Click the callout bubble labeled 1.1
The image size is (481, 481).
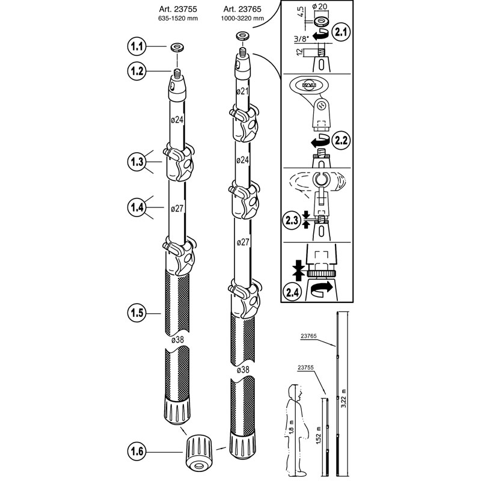point(137,46)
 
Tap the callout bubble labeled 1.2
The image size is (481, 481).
point(137,70)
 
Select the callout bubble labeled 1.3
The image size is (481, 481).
point(137,162)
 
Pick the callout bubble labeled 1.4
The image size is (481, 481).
point(137,207)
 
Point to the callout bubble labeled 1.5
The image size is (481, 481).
point(137,313)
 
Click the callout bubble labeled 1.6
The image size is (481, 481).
point(137,449)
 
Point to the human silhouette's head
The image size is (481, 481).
point(295,392)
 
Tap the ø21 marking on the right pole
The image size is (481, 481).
point(243,91)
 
